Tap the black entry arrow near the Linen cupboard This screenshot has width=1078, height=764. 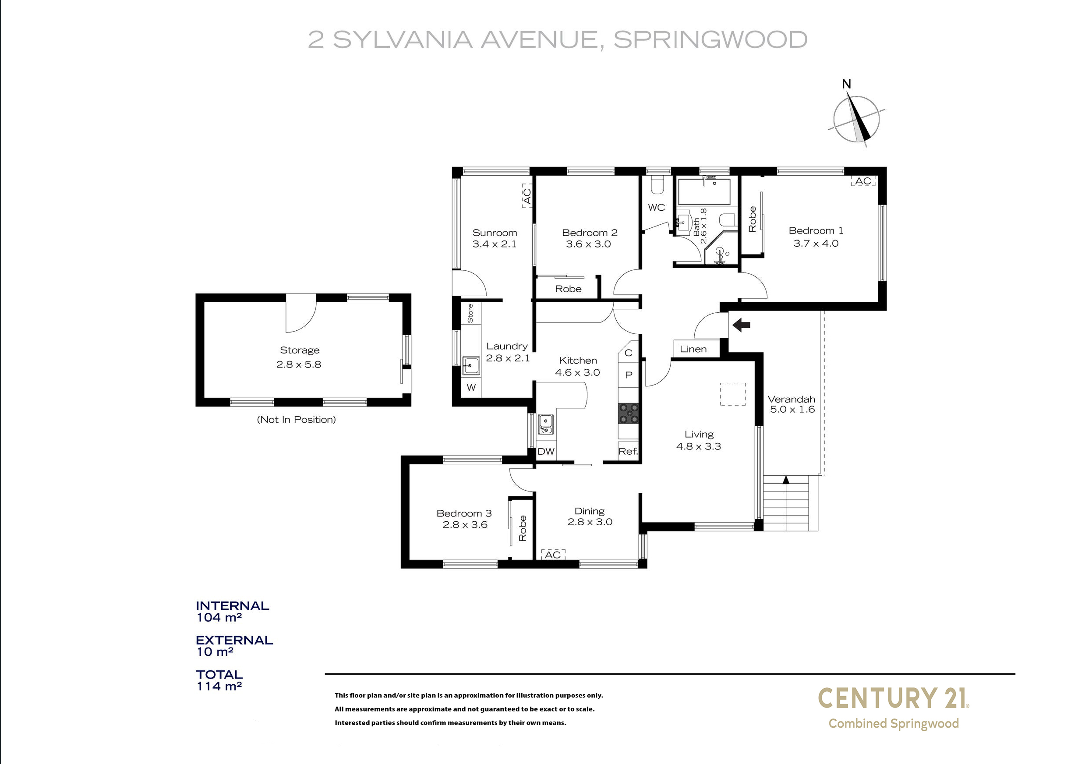[742, 325]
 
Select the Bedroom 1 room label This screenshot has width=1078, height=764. [816, 237]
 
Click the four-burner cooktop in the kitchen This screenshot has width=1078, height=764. [629, 414]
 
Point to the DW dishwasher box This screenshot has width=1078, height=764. [546, 451]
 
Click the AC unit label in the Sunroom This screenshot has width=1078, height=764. [527, 196]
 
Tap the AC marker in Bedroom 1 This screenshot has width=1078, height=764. [863, 181]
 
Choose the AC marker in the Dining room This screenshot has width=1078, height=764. [553, 554]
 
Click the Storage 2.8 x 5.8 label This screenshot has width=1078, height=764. [299, 357]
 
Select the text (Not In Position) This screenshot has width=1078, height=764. [296, 420]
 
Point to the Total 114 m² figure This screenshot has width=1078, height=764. [219, 681]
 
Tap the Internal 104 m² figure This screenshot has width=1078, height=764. [232, 612]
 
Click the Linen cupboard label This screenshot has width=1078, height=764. [693, 349]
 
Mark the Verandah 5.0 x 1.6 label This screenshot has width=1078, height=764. [792, 404]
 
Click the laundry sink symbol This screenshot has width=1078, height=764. [471, 365]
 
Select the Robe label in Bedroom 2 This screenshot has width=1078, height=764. [568, 289]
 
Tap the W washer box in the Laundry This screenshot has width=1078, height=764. [471, 388]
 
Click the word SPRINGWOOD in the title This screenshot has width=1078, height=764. [710, 39]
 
